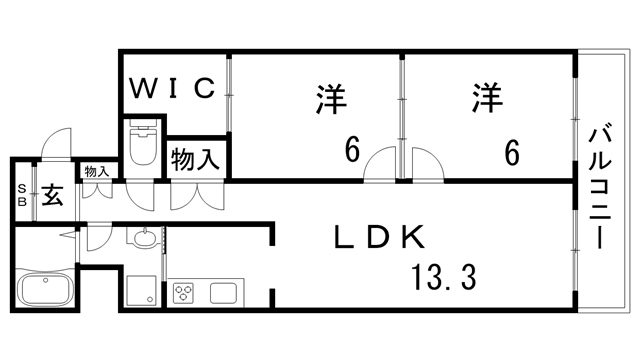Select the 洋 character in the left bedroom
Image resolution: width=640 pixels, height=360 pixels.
tap(332, 100)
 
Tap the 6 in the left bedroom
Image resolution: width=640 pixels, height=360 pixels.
tap(352, 151)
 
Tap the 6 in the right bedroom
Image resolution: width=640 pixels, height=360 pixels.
tap(511, 151)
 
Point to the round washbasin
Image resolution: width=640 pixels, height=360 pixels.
tap(144, 238)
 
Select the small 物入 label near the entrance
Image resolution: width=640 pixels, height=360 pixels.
tap(96, 171)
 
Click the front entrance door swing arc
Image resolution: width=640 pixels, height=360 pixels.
tap(56, 146)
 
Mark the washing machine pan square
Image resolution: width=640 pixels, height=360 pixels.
tap(140, 292)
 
